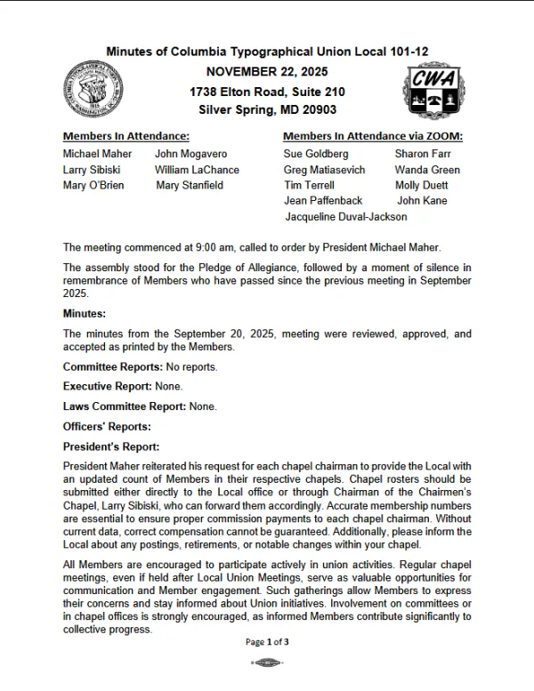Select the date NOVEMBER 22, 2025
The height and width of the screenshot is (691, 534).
[267, 71]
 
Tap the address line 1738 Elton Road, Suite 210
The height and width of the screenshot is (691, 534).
[267, 92]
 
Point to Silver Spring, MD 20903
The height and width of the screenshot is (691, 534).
[267, 110]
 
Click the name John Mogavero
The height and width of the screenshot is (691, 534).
[190, 154]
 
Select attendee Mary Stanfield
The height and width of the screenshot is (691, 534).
[190, 186]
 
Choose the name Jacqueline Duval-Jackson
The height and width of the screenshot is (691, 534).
[346, 217]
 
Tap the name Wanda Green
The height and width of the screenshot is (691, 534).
[427, 170]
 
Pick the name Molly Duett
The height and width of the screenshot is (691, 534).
[422, 186]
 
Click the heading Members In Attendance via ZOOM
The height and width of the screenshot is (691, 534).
[372, 136]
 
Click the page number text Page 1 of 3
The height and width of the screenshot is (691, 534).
[267, 641]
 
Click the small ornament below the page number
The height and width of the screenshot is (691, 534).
[267, 663]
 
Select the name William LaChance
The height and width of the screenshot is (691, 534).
[197, 170]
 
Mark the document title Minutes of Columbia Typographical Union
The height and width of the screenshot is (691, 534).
[267, 52]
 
